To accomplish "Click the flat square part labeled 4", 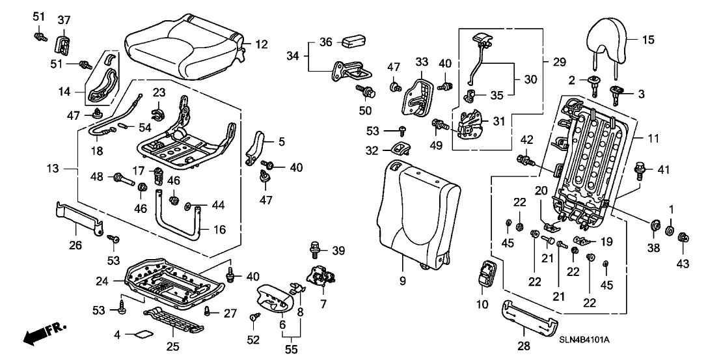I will tap(143, 336).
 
